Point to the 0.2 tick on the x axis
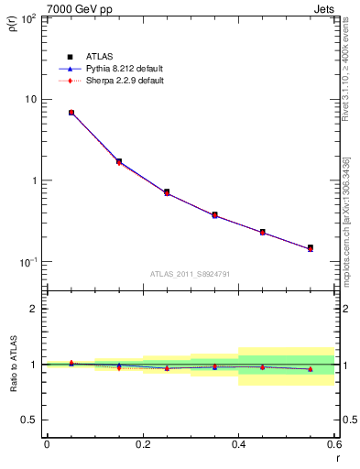click(x=142, y=444)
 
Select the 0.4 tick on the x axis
click(x=238, y=444)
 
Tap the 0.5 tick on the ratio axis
click(x=32, y=420)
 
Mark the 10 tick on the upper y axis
click(x=32, y=99)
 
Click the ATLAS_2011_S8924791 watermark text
click(x=190, y=273)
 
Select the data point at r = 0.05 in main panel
click(x=71, y=113)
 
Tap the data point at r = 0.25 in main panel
click(x=167, y=192)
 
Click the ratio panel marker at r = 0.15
click(x=119, y=366)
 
